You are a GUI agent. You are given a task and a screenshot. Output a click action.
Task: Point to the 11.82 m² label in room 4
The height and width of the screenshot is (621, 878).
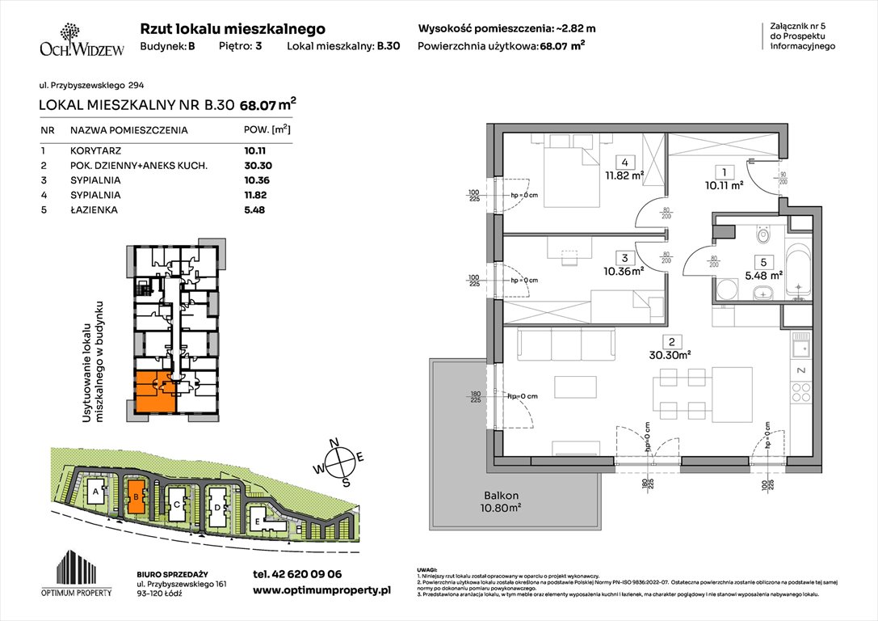tap(626, 174)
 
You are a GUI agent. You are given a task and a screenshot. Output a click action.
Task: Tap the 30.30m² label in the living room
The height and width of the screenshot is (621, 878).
tap(668, 353)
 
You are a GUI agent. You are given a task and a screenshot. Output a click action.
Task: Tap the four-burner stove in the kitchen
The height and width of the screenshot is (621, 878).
tap(801, 394)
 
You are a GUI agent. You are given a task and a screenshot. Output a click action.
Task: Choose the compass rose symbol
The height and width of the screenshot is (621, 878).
tap(343, 463)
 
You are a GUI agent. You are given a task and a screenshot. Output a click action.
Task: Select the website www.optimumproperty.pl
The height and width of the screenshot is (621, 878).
tap(321, 591)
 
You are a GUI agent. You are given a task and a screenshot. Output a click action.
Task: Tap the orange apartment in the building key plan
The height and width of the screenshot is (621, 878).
tap(154, 391)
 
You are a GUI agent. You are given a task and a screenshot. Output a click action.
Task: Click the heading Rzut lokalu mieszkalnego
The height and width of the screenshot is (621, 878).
tap(233, 28)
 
